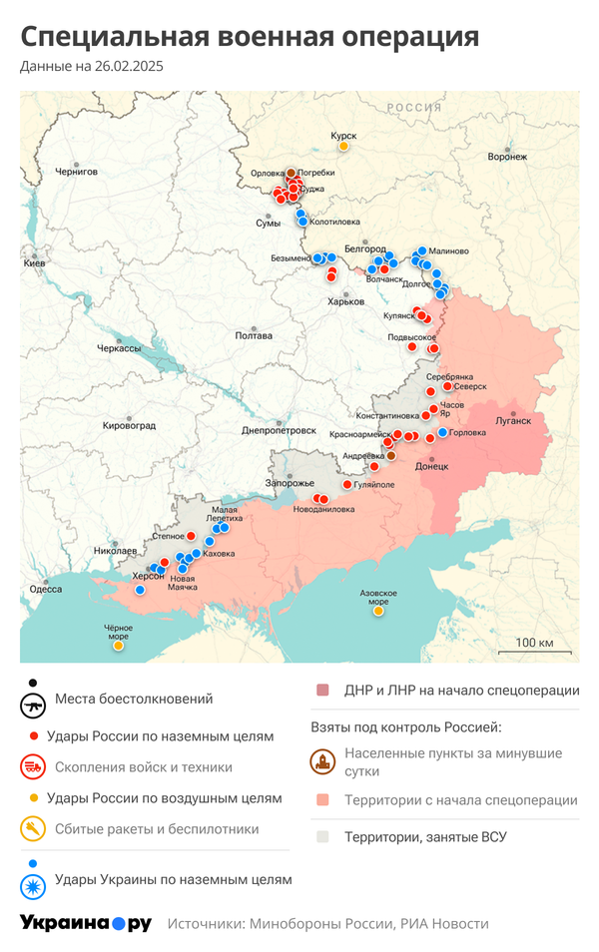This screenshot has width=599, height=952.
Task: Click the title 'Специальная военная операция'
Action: [x=250, y=37]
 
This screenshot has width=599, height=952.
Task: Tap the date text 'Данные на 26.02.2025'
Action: [x=91, y=67]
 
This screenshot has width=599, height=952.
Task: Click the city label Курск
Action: [x=343, y=135]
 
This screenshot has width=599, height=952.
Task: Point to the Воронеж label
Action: [x=507, y=157]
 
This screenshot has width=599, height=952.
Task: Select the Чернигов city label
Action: [x=77, y=172]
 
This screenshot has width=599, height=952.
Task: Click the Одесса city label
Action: [x=45, y=589]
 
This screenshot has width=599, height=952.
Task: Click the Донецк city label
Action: [x=432, y=466]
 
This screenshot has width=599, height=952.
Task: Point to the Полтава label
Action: [x=254, y=335]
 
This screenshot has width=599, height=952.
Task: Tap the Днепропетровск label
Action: [x=279, y=431]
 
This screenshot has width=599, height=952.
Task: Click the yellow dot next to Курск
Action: [x=343, y=148]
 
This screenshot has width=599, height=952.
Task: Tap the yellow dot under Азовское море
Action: [x=378, y=611]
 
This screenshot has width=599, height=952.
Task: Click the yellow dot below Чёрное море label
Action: [x=119, y=646]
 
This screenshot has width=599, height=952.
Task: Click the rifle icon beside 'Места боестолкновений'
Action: [x=34, y=703]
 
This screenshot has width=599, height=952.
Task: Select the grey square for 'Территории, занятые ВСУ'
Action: [x=322, y=836]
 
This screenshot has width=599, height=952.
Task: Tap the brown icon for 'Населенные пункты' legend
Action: [x=322, y=761]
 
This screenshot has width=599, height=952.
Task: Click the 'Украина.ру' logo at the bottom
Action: [x=86, y=923]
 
